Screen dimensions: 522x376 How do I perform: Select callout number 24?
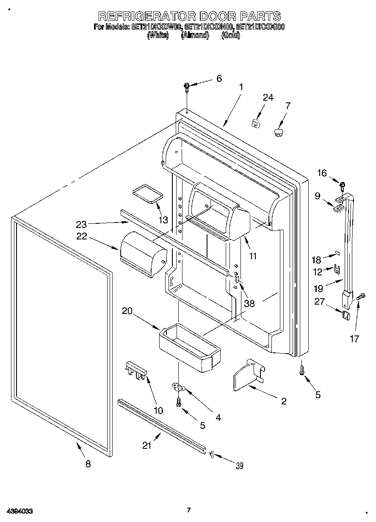[268, 97]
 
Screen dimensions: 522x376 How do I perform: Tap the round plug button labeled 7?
[278, 133]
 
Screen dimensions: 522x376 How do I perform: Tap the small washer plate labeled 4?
[179, 386]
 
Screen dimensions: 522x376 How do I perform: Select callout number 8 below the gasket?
[88, 464]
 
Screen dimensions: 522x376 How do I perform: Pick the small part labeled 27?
[346, 315]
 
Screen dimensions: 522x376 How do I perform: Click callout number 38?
[249, 303]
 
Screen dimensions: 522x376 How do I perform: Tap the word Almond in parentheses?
[195, 36]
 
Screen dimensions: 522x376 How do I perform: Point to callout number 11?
[254, 256]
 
